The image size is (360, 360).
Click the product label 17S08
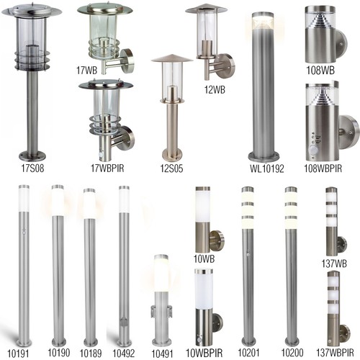[x=32, y=168]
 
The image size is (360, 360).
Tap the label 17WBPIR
[x=107, y=168]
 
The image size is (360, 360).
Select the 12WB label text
[x=215, y=89]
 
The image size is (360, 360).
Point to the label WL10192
[x=267, y=168]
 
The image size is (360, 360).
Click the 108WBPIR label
[x=323, y=168]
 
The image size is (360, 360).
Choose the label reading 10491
[x=162, y=354]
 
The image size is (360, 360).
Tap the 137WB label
[x=334, y=264]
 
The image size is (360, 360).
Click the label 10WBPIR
[x=204, y=353]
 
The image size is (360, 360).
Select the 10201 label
[x=248, y=353]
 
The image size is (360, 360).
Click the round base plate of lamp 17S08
[x=32, y=156]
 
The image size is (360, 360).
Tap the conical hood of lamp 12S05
[x=172, y=58]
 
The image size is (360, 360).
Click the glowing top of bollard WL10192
[x=263, y=21]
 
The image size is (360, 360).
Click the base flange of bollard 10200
[x=292, y=342]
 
